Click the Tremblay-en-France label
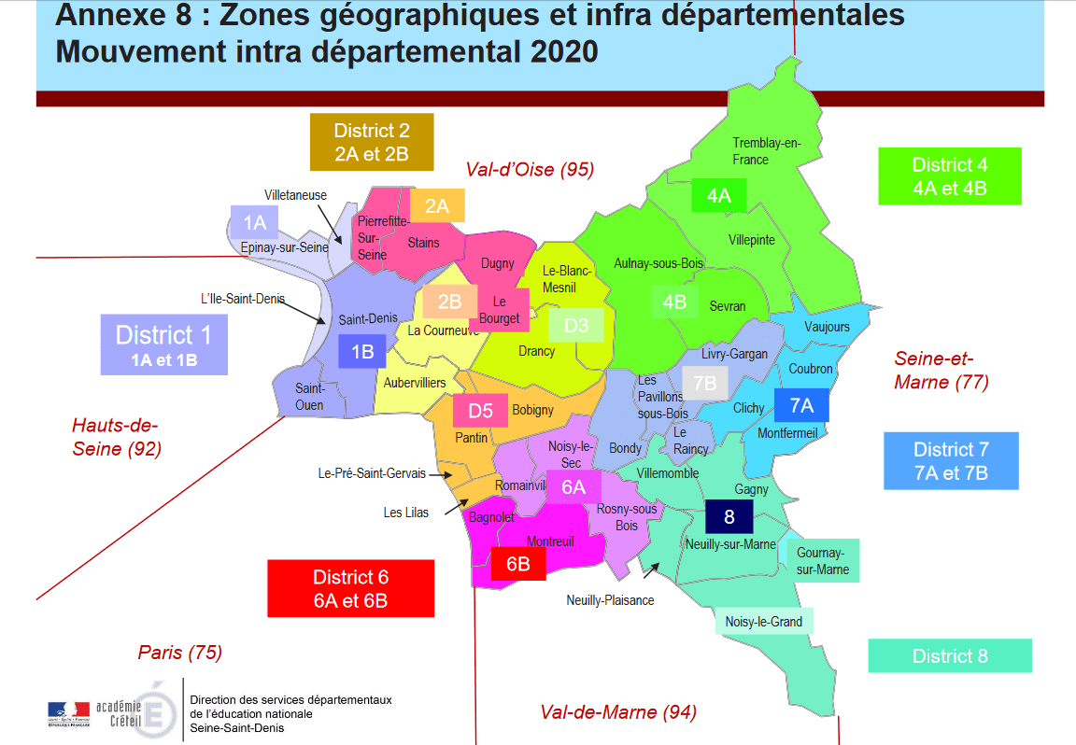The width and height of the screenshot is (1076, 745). [766, 150]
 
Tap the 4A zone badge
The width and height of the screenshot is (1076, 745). [718, 195]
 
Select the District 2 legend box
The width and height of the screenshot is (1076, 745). [372, 142]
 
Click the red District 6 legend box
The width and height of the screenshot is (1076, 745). [350, 588]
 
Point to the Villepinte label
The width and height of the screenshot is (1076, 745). [751, 240]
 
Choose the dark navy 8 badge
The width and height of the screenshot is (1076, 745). [729, 516]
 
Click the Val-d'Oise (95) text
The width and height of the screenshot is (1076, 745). [530, 169]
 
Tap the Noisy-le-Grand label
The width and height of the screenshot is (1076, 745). [763, 621]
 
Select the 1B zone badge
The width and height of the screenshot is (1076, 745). [362, 351]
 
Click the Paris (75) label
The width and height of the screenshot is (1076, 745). [180, 653]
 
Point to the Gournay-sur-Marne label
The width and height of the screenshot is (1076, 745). [823, 560]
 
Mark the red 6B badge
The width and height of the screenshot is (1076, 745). [518, 564]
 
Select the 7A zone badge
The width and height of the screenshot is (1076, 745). [801, 405]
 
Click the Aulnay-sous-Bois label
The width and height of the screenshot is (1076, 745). [658, 264]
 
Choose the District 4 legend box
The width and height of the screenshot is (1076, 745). [949, 176]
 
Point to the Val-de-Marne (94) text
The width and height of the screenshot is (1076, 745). [618, 712]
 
